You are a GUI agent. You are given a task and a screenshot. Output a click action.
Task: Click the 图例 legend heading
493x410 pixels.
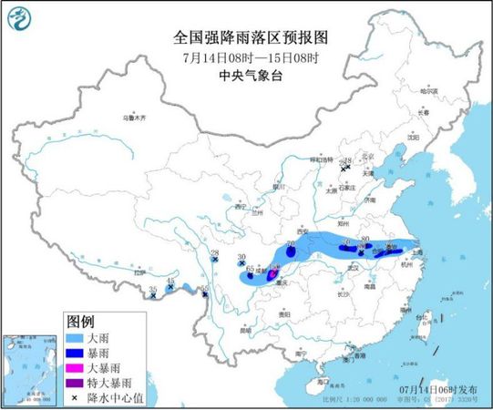click(82, 320)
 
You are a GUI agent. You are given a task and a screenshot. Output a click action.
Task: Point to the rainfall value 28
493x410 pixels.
click(214, 253)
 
